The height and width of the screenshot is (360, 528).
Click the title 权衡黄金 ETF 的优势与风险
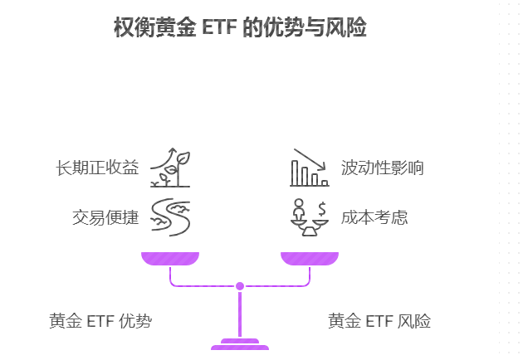pyautogui.click(x=240, y=27)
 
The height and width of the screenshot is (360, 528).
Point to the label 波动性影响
pyautogui.click(x=383, y=168)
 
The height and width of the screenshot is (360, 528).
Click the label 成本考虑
pyautogui.click(x=374, y=218)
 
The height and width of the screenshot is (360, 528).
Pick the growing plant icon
pyautogui.click(x=170, y=168)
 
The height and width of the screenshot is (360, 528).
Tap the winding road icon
pyautogui.click(x=170, y=217)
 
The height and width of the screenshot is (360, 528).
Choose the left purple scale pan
pyautogui.click(x=170, y=258)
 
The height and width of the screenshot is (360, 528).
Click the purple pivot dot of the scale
pyautogui.click(x=240, y=286)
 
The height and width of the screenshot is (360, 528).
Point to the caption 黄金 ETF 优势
pyautogui.click(x=100, y=321)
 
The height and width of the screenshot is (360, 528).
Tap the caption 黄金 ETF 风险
pyautogui.click(x=379, y=321)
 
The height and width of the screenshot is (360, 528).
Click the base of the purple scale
pyautogui.click(x=240, y=345)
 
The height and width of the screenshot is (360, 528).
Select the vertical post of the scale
pyautogui.click(x=240, y=314)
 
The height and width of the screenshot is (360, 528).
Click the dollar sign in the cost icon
pyautogui.click(x=322, y=207)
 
